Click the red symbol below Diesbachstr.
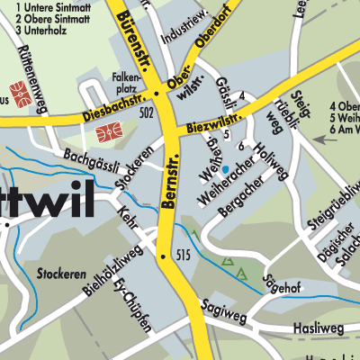(x=105, y=135)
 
